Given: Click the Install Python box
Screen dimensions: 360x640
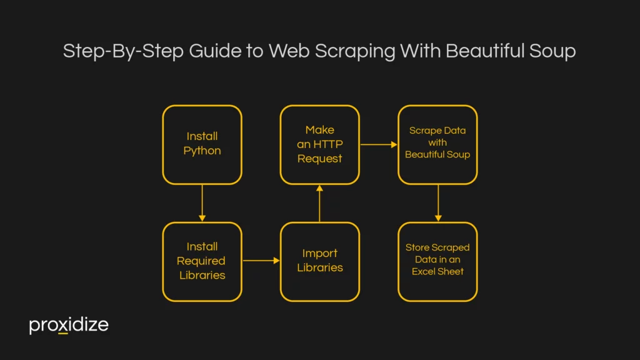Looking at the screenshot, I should [x=202, y=144].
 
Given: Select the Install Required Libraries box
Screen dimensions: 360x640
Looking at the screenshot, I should [x=202, y=261].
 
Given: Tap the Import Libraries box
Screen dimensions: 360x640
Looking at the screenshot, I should [x=319, y=261].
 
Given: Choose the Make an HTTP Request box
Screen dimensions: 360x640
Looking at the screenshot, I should [x=319, y=144].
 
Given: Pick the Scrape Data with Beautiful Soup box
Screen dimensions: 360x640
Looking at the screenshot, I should [x=437, y=144].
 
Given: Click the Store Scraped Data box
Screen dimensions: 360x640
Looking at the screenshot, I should [x=437, y=261].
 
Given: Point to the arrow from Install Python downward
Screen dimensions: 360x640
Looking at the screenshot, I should [x=202, y=203].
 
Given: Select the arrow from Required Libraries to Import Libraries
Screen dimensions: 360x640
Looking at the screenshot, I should [x=261, y=261].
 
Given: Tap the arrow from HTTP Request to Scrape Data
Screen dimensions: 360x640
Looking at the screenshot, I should [x=379, y=144].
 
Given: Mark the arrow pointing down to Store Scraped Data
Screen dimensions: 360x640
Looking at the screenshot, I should [x=437, y=203].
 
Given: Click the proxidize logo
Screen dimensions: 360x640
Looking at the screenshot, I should [x=69, y=326].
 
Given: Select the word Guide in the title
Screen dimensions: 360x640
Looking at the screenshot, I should [x=215, y=51].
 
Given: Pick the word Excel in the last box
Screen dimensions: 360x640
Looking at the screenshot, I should [x=425, y=271].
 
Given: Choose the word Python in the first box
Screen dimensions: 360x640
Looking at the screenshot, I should [x=202, y=151].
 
